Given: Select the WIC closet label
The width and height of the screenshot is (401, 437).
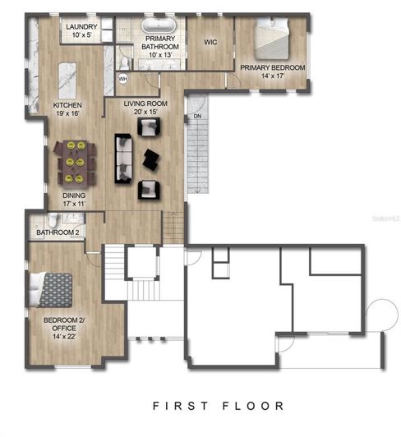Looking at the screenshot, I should (x=211, y=40).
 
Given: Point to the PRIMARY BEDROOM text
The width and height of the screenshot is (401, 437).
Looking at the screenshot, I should (x=273, y=67).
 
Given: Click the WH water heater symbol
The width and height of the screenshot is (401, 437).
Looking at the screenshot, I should (x=123, y=79).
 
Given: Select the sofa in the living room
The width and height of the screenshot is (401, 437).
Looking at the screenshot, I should (x=123, y=158).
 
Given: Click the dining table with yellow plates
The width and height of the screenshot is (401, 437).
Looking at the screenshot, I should (x=74, y=162).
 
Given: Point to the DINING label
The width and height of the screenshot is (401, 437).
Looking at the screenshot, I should (x=74, y=195).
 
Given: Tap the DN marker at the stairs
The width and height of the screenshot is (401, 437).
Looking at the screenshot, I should (x=196, y=117).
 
